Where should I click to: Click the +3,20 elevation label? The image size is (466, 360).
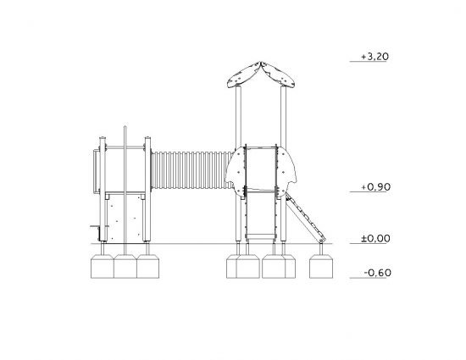coord(374,57)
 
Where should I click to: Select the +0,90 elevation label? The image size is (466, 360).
coord(375,187)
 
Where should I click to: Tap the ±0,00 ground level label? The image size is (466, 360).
coord(375,239)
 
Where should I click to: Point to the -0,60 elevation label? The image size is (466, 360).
coord(377,273)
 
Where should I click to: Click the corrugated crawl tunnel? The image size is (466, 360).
coord(191,170)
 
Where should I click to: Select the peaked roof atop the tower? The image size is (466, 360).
coord(261,75)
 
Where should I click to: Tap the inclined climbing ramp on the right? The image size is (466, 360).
coord(306,217)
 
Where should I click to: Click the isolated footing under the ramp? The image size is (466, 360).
coord(321,266)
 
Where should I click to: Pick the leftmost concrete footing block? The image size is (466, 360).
coord(102,266)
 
